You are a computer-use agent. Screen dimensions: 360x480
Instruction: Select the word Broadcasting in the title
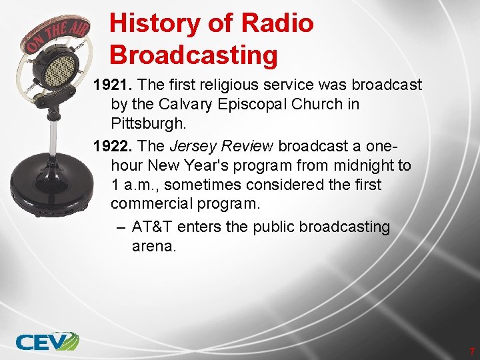193,55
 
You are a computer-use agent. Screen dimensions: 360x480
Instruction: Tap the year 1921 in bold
111,85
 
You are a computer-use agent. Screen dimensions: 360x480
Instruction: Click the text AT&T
151,227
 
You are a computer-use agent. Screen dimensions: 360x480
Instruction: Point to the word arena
154,247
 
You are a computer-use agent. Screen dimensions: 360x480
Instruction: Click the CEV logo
47,341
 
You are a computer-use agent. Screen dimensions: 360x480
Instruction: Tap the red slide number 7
472,351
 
